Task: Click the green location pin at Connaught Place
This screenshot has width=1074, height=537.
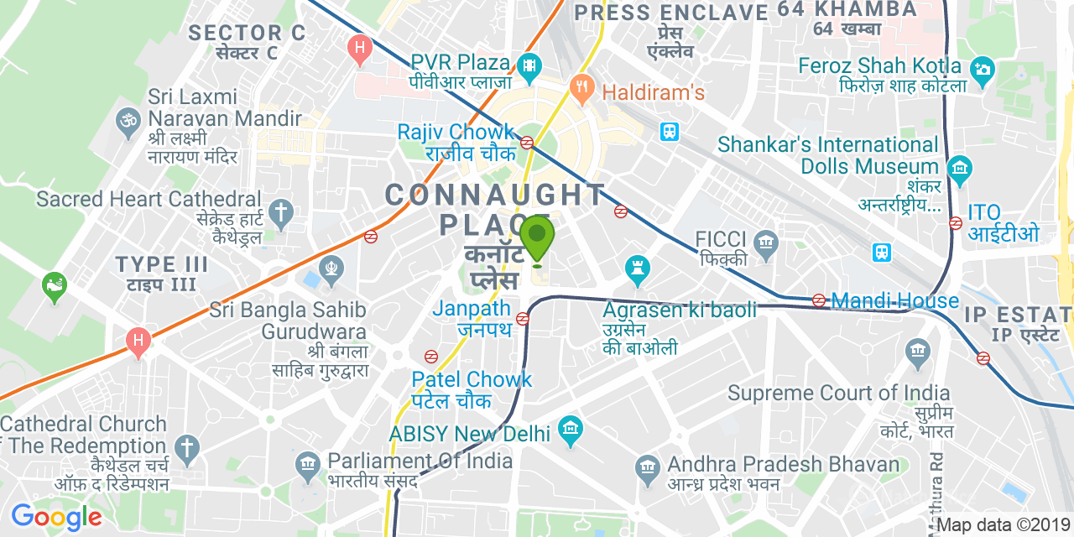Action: (x=537, y=237)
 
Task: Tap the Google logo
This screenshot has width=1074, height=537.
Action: (x=56, y=517)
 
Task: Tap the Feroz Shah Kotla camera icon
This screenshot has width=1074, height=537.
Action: (x=983, y=69)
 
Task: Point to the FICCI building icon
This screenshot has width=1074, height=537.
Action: (x=764, y=244)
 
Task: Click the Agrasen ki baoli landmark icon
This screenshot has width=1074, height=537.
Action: (x=639, y=269)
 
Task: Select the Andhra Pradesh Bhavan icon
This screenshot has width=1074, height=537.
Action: (x=646, y=467)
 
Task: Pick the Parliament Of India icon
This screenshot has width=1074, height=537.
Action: (x=308, y=463)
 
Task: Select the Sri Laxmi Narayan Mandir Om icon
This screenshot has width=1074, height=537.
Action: (x=128, y=120)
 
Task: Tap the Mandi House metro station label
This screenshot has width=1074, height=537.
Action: (x=894, y=300)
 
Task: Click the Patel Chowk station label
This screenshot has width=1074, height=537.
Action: (x=472, y=380)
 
